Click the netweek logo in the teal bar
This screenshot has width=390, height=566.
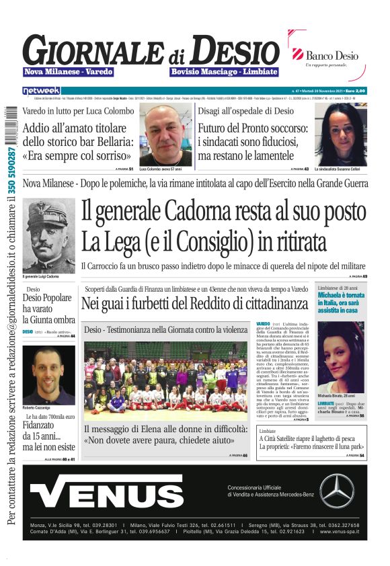[41, 90]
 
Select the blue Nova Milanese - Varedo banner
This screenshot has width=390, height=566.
[69, 71]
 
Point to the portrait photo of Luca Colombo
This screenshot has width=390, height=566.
[165, 136]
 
